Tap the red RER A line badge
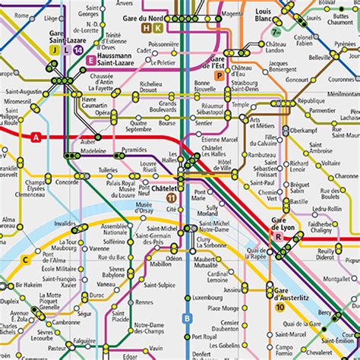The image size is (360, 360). [x=36, y=137]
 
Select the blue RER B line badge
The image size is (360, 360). [x=188, y=318]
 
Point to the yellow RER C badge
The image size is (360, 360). [x=26, y=260]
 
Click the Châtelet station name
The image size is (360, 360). [x=164, y=188]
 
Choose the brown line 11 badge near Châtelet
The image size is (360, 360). [x=172, y=198]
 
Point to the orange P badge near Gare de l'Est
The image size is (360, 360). [x=219, y=75]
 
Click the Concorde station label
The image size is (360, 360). [x=67, y=182]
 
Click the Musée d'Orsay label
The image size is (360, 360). [x=144, y=208]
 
